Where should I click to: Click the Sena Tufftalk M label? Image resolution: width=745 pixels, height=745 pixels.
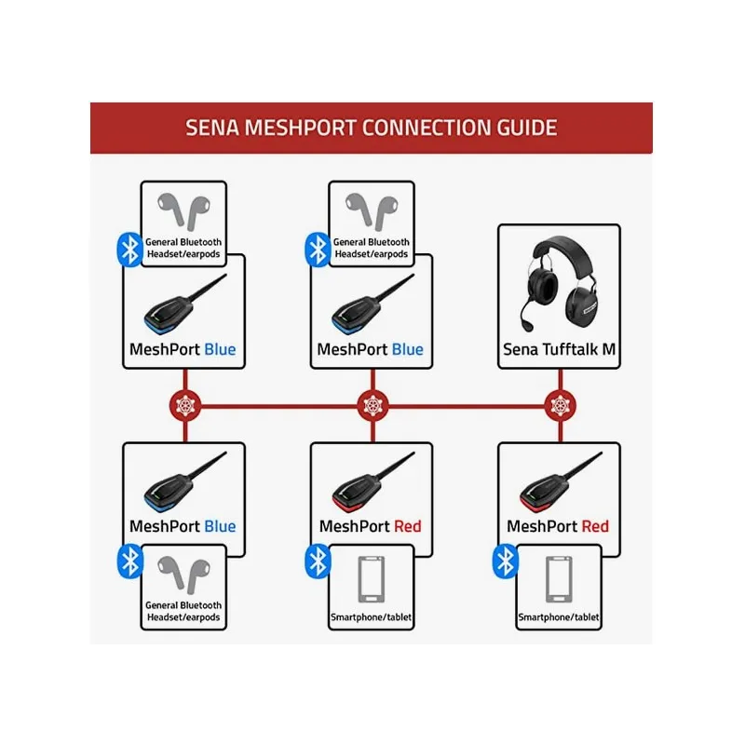pyautogui.click(x=560, y=349)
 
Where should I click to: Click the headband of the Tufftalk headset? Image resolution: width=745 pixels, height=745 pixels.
pyautogui.click(x=563, y=251)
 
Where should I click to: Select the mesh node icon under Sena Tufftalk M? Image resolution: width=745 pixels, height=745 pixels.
pyautogui.click(x=561, y=405)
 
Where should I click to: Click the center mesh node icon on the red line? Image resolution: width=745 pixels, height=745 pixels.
pyautogui.click(x=373, y=405)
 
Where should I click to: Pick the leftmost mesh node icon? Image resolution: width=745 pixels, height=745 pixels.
pyautogui.click(x=185, y=405)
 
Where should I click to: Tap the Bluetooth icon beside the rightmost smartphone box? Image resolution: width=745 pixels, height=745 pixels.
pyautogui.click(x=505, y=562)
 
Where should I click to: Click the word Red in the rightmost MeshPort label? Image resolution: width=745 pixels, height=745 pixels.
pyautogui.click(x=595, y=526)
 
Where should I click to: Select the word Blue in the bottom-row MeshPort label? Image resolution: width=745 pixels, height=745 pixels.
pyautogui.click(x=220, y=526)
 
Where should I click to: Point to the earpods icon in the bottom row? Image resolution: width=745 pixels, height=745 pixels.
pyautogui.click(x=183, y=574)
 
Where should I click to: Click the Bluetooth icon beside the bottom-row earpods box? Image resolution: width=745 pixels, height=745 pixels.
pyautogui.click(x=129, y=562)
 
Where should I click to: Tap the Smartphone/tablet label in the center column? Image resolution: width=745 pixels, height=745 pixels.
pyautogui.click(x=371, y=617)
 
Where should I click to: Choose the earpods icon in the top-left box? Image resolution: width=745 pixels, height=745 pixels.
pyautogui.click(x=183, y=211)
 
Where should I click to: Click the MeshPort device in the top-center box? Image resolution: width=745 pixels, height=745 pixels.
pyautogui.click(x=373, y=305)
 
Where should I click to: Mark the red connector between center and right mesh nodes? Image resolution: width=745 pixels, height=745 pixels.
pyautogui.click(x=467, y=406)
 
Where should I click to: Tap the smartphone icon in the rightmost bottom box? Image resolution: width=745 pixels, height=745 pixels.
pyautogui.click(x=560, y=579)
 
